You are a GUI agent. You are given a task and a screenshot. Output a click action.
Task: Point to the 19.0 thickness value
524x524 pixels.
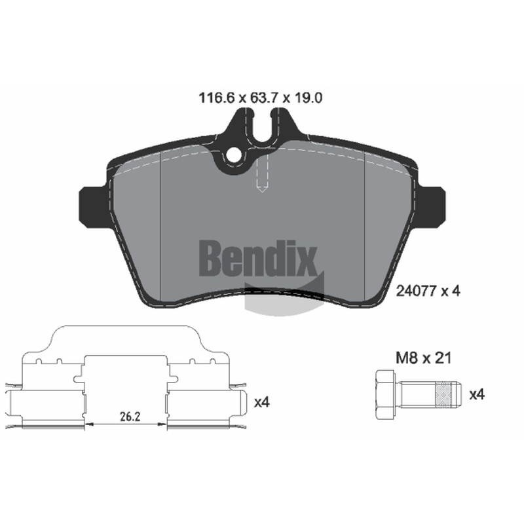click(308, 98)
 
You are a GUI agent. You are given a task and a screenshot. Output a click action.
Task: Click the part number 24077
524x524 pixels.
click(416, 291)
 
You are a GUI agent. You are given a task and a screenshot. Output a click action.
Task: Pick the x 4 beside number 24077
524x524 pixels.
click(451, 291)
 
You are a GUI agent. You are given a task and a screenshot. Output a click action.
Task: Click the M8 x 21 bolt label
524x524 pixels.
click(423, 358)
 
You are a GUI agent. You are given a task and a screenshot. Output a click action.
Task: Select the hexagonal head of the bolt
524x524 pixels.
click(385, 395)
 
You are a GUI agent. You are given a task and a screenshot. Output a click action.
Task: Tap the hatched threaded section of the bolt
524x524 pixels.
click(443, 395)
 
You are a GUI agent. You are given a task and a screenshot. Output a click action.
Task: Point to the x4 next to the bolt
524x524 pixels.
click(477, 395)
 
